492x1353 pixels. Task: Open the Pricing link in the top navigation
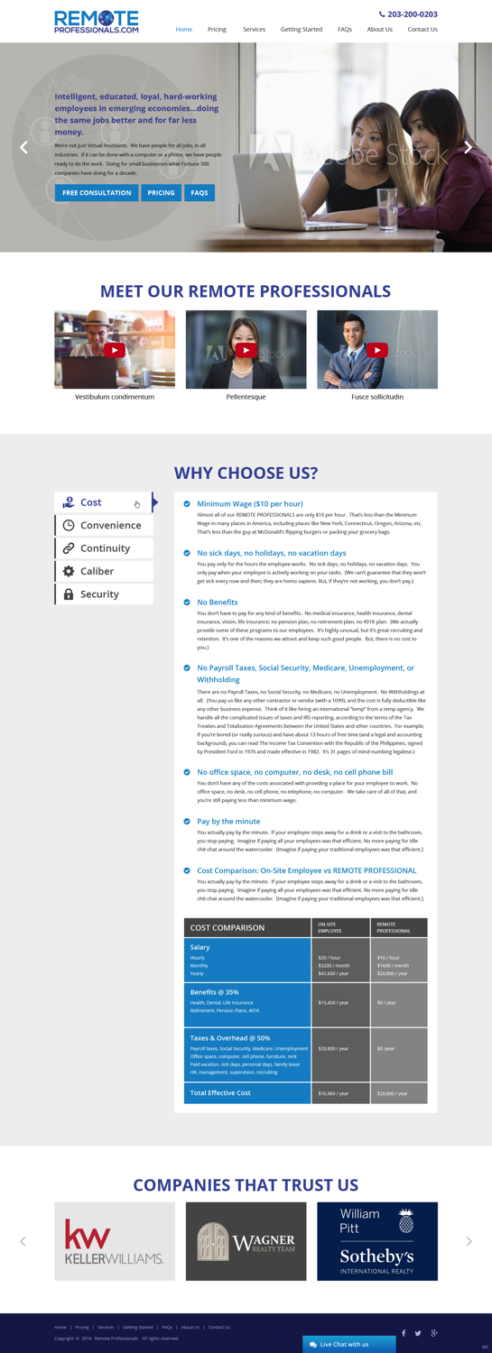(x=217, y=30)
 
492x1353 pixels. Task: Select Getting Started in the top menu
(x=302, y=30)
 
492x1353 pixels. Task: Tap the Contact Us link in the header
(x=422, y=30)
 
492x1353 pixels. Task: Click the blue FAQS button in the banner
(x=200, y=193)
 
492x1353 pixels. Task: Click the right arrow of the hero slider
(x=468, y=148)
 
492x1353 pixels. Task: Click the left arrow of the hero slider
(x=24, y=148)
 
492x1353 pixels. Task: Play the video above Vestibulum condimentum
(x=115, y=350)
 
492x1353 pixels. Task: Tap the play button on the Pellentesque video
(x=246, y=350)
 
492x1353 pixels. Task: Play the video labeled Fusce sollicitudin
(x=377, y=350)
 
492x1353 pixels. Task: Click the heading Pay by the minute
(x=228, y=822)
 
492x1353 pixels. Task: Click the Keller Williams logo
(x=115, y=1241)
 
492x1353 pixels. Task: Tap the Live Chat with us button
(x=348, y=1344)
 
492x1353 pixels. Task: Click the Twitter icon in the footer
(x=418, y=1333)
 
